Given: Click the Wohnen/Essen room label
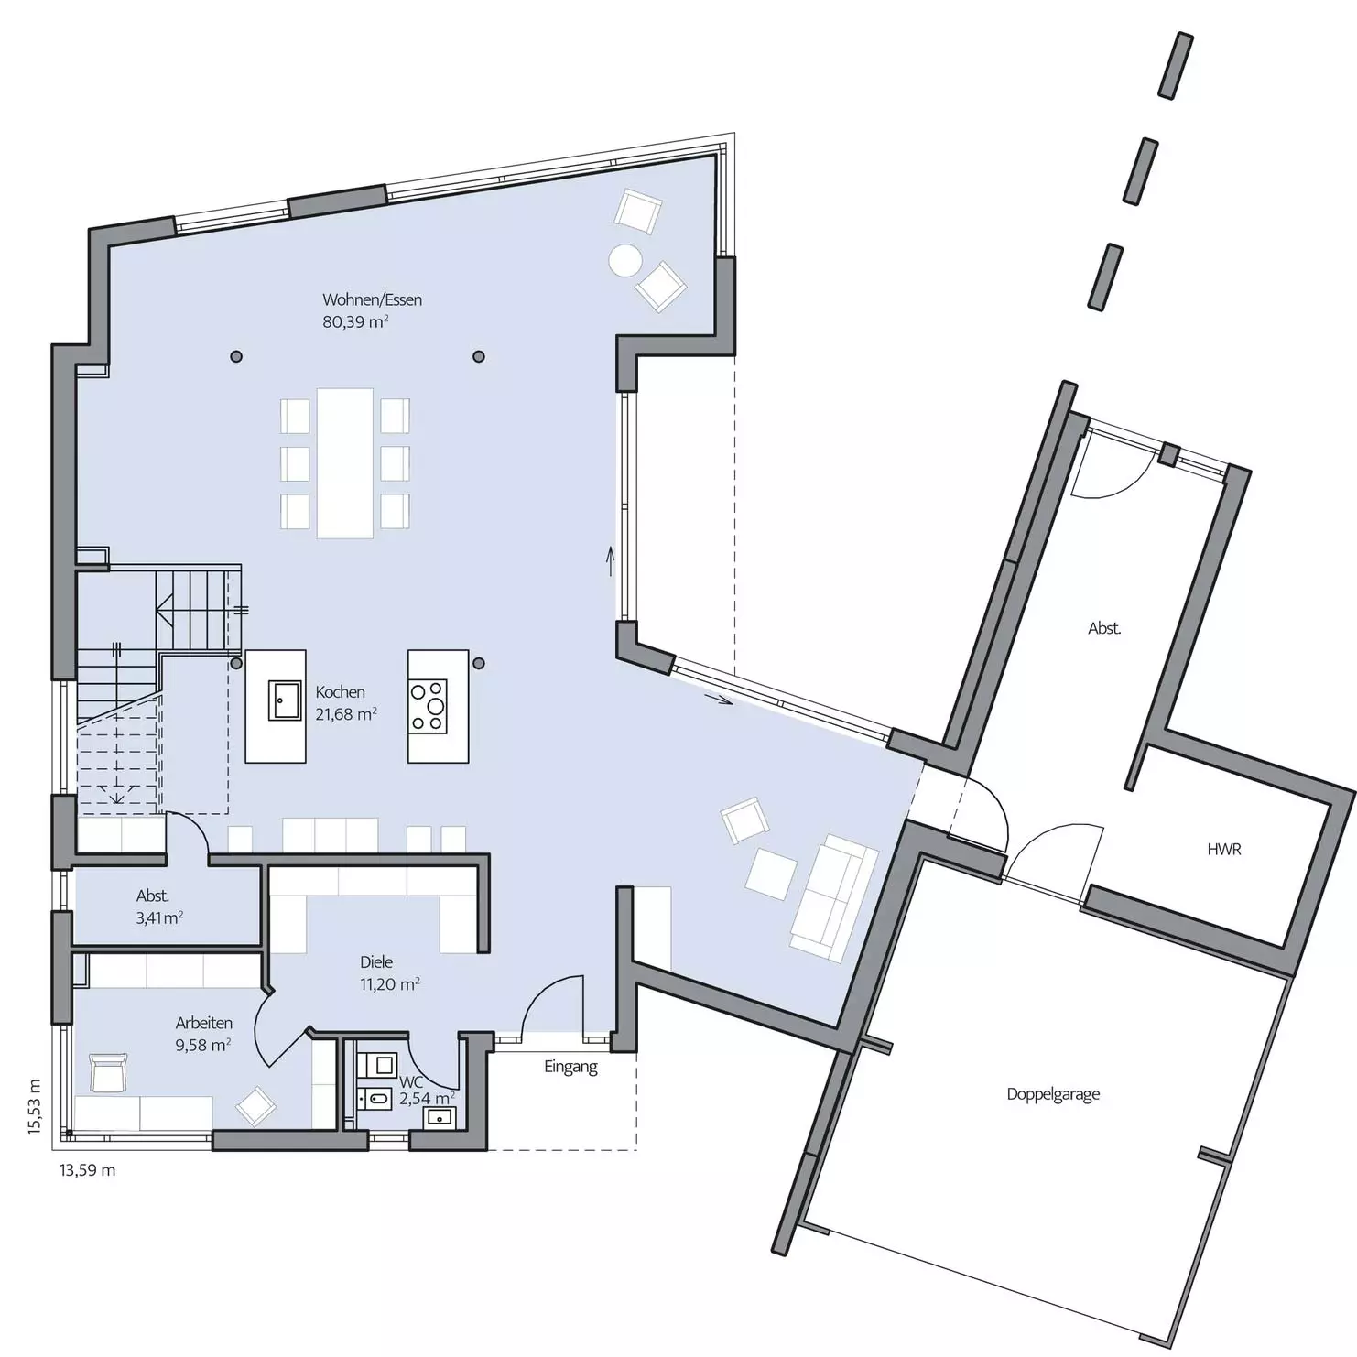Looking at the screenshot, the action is point(372,299).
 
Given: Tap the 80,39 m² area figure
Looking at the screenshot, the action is point(355,322).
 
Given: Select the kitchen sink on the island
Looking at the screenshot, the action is point(285,700).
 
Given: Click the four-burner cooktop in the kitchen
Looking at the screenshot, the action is point(428,706).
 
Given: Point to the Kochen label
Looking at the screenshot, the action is point(340,692).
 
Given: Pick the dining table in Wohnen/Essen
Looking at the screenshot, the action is point(345,463).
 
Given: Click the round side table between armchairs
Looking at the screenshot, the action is point(625,261).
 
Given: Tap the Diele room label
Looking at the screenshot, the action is point(376,961).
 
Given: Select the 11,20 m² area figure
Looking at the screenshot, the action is point(390,984).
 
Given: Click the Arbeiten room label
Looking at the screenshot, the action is point(204,1023).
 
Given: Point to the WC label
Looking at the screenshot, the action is point(410,1081).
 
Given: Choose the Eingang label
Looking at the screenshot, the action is point(570,1067).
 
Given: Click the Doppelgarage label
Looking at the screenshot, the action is point(1053,1094).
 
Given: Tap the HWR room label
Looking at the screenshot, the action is point(1224,850).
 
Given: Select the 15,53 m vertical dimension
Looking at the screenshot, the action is point(35,1107).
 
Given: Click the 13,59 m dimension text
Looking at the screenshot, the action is point(88,1170).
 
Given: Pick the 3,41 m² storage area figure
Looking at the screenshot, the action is point(159,918).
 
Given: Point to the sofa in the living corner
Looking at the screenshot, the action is point(834,897).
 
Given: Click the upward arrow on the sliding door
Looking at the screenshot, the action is point(609,560).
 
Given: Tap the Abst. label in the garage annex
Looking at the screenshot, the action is point(1104,628).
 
